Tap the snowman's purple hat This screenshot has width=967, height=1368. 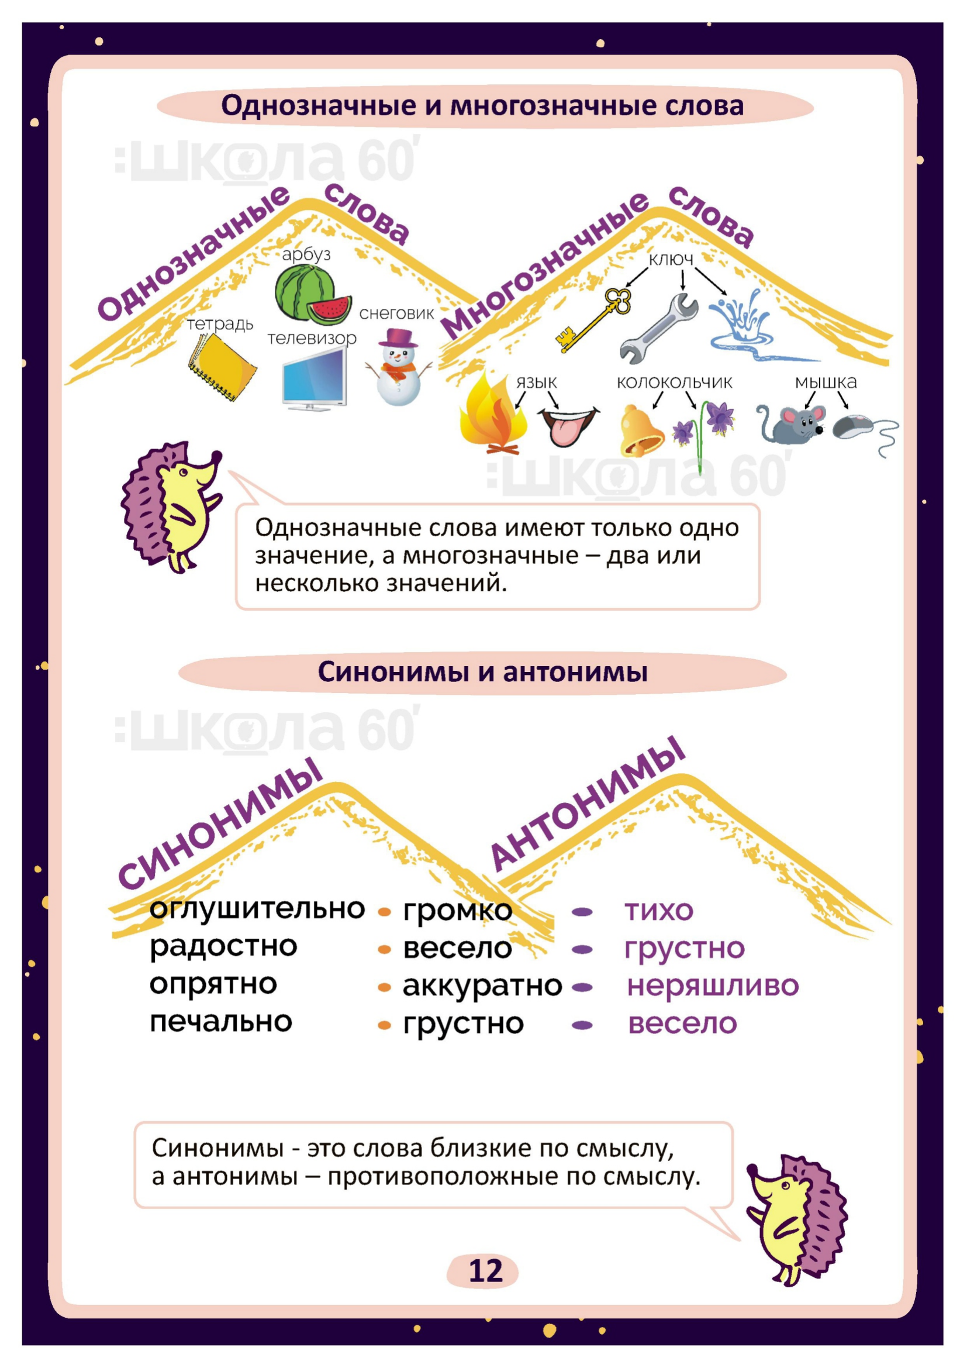399,338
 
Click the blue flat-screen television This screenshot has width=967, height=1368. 315,379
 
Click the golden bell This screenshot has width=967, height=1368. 641,430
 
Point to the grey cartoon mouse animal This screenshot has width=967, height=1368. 790,424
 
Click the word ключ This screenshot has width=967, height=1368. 671,259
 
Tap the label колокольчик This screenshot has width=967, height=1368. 674,383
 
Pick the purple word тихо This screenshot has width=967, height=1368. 659,911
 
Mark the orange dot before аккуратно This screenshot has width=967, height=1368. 385,988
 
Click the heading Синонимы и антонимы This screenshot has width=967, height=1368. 483,672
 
